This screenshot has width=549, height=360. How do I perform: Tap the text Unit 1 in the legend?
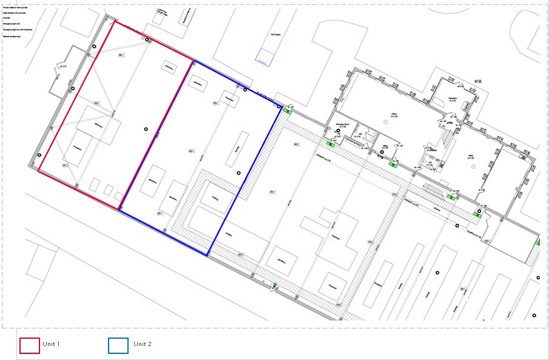point(51,344)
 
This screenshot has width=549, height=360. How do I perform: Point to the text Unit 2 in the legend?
point(143,344)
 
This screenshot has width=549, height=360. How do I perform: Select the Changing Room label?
point(344,123)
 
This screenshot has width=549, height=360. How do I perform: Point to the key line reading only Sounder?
point(7,18)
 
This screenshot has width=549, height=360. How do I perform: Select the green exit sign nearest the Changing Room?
point(331,144)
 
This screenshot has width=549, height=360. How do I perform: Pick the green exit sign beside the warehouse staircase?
point(451,197)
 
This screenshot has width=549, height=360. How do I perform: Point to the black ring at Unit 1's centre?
point(146,129)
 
